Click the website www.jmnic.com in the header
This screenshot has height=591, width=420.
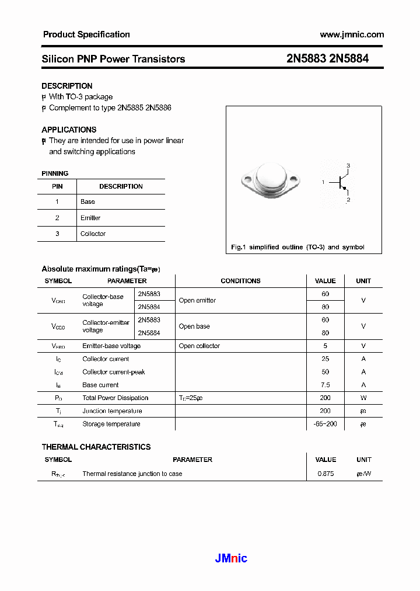352,34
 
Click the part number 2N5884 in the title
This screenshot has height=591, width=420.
349,59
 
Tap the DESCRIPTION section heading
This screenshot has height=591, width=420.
66,86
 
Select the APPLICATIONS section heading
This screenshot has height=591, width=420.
69,130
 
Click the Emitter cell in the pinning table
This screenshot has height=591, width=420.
90,218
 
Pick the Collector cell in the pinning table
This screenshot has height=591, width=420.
93,234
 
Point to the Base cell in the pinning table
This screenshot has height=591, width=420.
87,201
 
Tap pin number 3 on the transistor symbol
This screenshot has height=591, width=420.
348,166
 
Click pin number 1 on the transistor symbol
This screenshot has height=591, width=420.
323,183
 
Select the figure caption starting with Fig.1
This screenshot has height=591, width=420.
297,247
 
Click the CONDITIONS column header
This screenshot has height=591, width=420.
240,281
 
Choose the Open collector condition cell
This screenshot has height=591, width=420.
199,346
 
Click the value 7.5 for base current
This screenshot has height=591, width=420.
325,385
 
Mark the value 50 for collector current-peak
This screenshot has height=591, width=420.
325,372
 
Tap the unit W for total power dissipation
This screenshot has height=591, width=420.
363,398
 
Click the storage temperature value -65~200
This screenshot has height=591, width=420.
325,424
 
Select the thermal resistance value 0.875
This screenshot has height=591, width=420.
325,474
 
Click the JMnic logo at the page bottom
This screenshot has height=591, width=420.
231,558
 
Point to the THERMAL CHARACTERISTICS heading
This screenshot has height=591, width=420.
96,447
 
